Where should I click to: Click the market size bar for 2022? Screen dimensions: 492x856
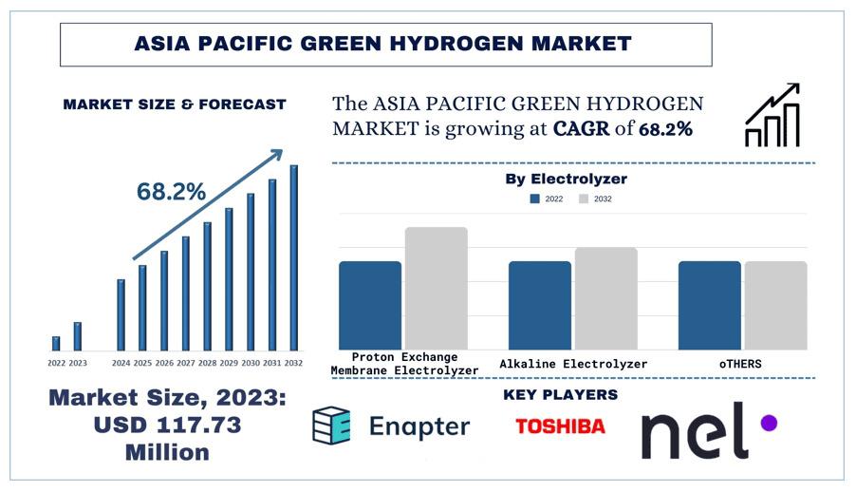tap(56, 343)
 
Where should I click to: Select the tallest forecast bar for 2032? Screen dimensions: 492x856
tap(294, 256)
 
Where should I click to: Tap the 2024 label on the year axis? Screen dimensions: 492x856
tap(121, 363)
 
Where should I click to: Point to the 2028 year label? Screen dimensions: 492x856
tap(207, 363)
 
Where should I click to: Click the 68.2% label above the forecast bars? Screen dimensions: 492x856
tap(171, 191)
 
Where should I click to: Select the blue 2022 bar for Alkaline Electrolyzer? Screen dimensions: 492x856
tap(539, 305)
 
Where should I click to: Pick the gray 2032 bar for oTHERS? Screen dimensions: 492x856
tap(775, 305)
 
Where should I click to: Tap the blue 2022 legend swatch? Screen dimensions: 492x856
tap(534, 199)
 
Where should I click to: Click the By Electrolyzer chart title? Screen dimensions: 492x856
tap(566, 179)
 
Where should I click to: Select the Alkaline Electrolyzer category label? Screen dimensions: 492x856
tap(573, 364)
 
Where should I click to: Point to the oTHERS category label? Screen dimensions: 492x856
tap(741, 364)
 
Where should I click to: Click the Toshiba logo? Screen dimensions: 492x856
tap(560, 426)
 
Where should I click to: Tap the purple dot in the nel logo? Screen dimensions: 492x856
tap(769, 423)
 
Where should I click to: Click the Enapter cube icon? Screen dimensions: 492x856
tap(331, 426)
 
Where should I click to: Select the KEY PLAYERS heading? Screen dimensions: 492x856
tap(560, 394)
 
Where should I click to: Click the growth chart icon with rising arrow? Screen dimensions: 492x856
tap(772, 116)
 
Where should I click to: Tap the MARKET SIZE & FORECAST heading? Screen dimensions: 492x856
tap(175, 104)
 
